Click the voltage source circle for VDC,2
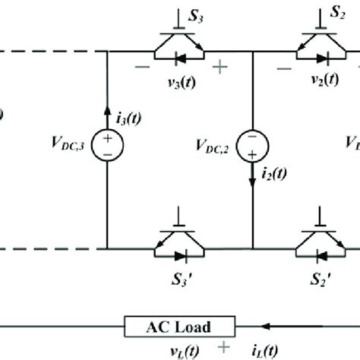[251, 144]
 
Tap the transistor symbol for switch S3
[179, 49]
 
